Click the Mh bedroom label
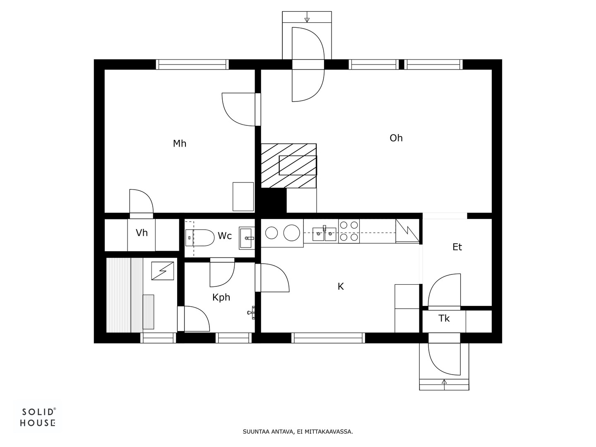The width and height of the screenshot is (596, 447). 180,143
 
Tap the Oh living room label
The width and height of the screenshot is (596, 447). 396,138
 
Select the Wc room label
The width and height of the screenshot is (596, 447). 225,236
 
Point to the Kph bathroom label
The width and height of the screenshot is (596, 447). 221,298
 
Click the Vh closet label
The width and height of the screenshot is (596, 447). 142,233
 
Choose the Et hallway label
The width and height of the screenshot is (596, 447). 457,247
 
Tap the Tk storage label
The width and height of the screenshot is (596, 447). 444,318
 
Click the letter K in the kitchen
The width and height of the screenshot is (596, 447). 341,286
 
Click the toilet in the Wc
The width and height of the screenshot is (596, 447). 200,238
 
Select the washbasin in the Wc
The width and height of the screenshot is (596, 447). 247,238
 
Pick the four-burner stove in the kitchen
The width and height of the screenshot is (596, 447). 349,231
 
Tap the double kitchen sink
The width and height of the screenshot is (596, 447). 324,234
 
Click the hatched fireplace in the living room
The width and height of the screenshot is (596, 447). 288,166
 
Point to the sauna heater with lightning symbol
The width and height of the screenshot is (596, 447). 162,271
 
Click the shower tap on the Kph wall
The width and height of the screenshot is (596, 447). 251,312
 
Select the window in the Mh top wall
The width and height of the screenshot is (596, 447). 192,65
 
